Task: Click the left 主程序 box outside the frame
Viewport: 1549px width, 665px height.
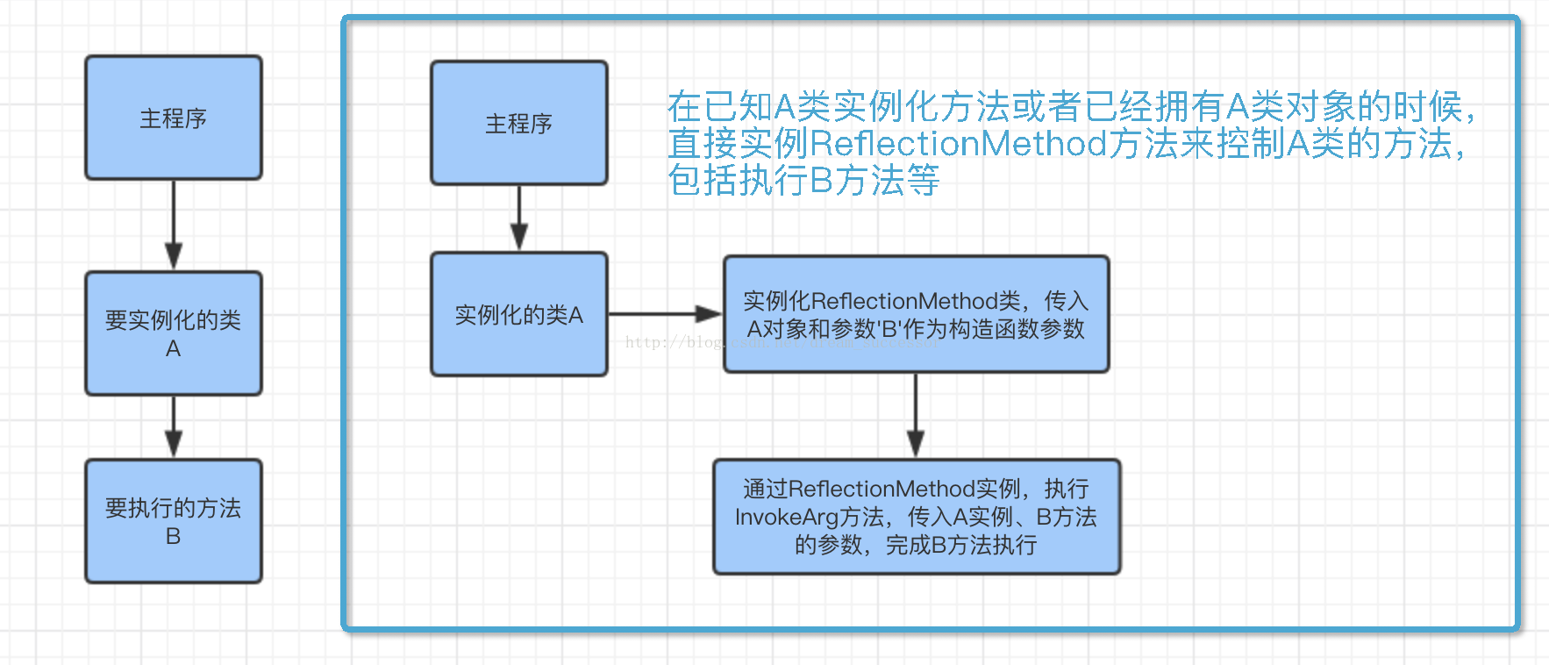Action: point(173,118)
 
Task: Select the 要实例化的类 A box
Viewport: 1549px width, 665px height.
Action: point(173,333)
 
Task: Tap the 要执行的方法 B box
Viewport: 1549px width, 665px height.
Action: point(173,521)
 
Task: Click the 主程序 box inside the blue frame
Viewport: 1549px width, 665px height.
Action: point(518,123)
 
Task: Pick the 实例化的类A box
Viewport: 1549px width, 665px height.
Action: point(518,314)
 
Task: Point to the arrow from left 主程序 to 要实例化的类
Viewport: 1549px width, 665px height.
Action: point(173,225)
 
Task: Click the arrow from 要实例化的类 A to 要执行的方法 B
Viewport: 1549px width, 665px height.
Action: point(173,426)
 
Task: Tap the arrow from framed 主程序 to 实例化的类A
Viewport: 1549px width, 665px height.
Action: point(518,218)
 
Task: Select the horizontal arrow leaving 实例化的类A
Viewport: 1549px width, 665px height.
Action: point(663,313)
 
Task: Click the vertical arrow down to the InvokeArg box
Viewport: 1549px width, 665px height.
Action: point(916,414)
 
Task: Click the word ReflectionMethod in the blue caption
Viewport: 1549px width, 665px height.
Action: point(958,144)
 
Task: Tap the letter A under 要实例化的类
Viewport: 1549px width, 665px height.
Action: point(173,349)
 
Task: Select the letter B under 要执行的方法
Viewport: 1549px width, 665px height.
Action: point(173,536)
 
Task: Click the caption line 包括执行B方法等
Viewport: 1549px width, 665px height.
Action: point(803,181)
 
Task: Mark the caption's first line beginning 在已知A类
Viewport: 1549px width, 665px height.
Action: point(1070,107)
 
